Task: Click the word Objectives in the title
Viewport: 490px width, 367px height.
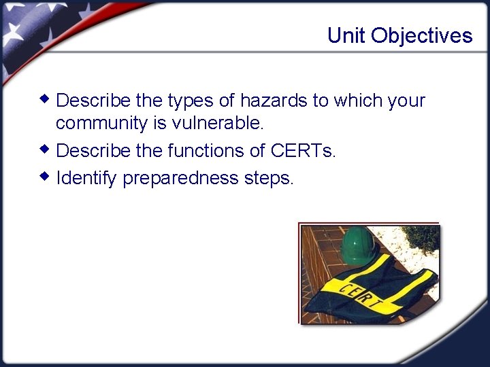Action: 421,36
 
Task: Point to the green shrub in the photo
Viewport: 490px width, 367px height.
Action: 422,237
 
